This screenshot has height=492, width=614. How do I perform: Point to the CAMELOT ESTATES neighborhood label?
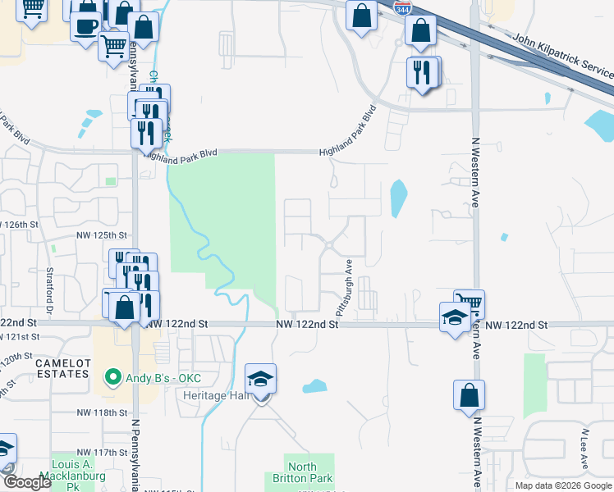[62, 368]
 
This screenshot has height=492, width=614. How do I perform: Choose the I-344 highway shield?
[402, 9]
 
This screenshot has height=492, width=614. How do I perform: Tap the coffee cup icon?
[85, 25]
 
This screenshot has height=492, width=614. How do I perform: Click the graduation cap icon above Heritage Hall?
[261, 378]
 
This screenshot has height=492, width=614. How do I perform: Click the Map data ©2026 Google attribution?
[563, 485]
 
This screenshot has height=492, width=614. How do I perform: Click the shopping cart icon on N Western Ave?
[470, 303]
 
